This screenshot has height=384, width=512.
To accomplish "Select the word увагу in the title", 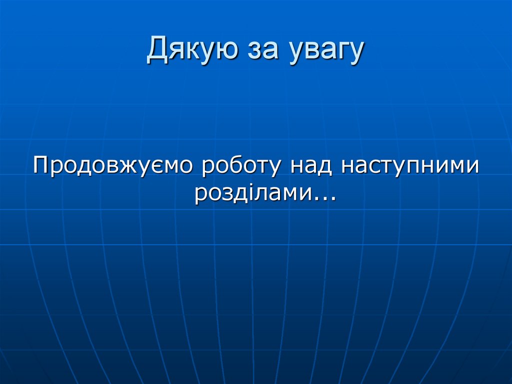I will click(324, 53).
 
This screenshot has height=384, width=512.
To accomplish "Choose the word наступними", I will click(409, 167).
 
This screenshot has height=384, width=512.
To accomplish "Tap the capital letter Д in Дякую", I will click(158, 50).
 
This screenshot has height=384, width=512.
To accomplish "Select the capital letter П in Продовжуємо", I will click(41, 165).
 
